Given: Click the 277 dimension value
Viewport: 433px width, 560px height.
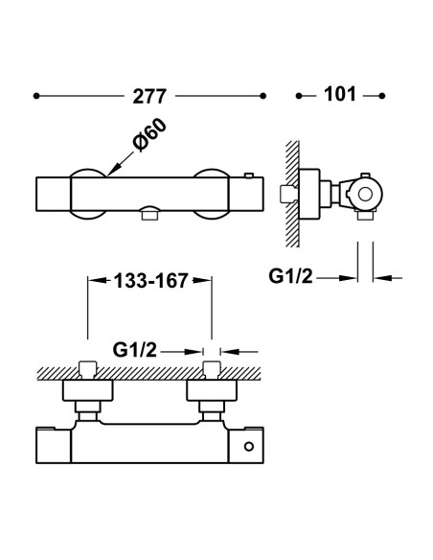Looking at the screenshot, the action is point(149,97).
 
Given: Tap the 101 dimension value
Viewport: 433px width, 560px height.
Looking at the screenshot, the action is point(339,94).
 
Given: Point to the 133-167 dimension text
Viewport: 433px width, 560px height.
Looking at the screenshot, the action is point(150,280).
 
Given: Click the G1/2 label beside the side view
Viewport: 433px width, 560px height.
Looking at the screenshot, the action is point(290,276).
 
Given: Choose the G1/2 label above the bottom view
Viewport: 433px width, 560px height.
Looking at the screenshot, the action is point(135,350).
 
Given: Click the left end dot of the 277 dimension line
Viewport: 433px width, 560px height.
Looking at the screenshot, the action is point(36,96).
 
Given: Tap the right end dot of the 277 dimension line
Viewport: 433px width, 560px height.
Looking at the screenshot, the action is point(263,96).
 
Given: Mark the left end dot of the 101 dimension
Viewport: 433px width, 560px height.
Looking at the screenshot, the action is point(299,96).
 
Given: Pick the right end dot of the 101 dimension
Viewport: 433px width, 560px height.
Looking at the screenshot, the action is point(382,96).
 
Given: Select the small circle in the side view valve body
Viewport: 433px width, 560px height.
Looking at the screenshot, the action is point(365,195).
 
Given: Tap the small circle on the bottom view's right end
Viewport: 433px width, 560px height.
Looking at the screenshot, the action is point(249,446).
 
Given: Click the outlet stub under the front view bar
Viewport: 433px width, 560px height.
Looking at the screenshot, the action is point(149,215).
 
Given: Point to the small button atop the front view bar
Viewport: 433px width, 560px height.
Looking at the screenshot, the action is point(249,175).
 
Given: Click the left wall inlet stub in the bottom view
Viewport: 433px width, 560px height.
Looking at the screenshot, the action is point(88,369).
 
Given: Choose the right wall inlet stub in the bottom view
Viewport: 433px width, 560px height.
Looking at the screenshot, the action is point(212,369).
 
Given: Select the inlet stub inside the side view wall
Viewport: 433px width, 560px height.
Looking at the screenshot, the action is point(288,195).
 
